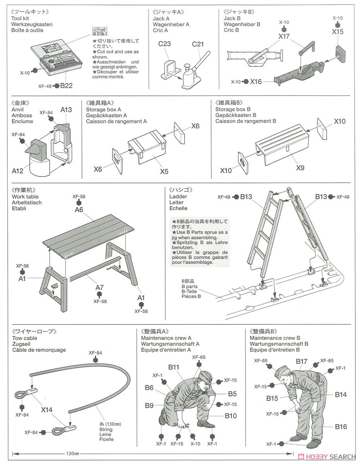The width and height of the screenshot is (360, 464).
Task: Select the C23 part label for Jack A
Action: tap(164, 44)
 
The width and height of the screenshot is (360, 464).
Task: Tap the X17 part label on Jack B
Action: tap(284, 36)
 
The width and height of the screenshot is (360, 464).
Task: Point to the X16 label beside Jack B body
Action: tap(256, 82)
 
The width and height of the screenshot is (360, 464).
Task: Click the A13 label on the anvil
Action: tap(66, 110)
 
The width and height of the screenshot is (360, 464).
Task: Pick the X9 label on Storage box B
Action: tap(300, 168)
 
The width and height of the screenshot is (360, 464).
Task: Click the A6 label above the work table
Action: tap(79, 210)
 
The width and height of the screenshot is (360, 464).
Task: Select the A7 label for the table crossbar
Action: tap(99, 287)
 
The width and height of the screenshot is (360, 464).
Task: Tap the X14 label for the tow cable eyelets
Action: tap(48, 409)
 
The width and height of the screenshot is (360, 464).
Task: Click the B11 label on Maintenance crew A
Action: tap(173, 367)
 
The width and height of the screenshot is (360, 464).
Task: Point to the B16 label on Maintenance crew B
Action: tap(341, 427)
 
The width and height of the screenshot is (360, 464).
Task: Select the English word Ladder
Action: tap(178, 196)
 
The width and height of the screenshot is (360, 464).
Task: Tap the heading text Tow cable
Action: tap(25, 338)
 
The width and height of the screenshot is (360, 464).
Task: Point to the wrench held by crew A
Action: tap(182, 426)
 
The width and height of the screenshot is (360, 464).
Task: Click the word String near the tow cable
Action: tap(106, 429)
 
